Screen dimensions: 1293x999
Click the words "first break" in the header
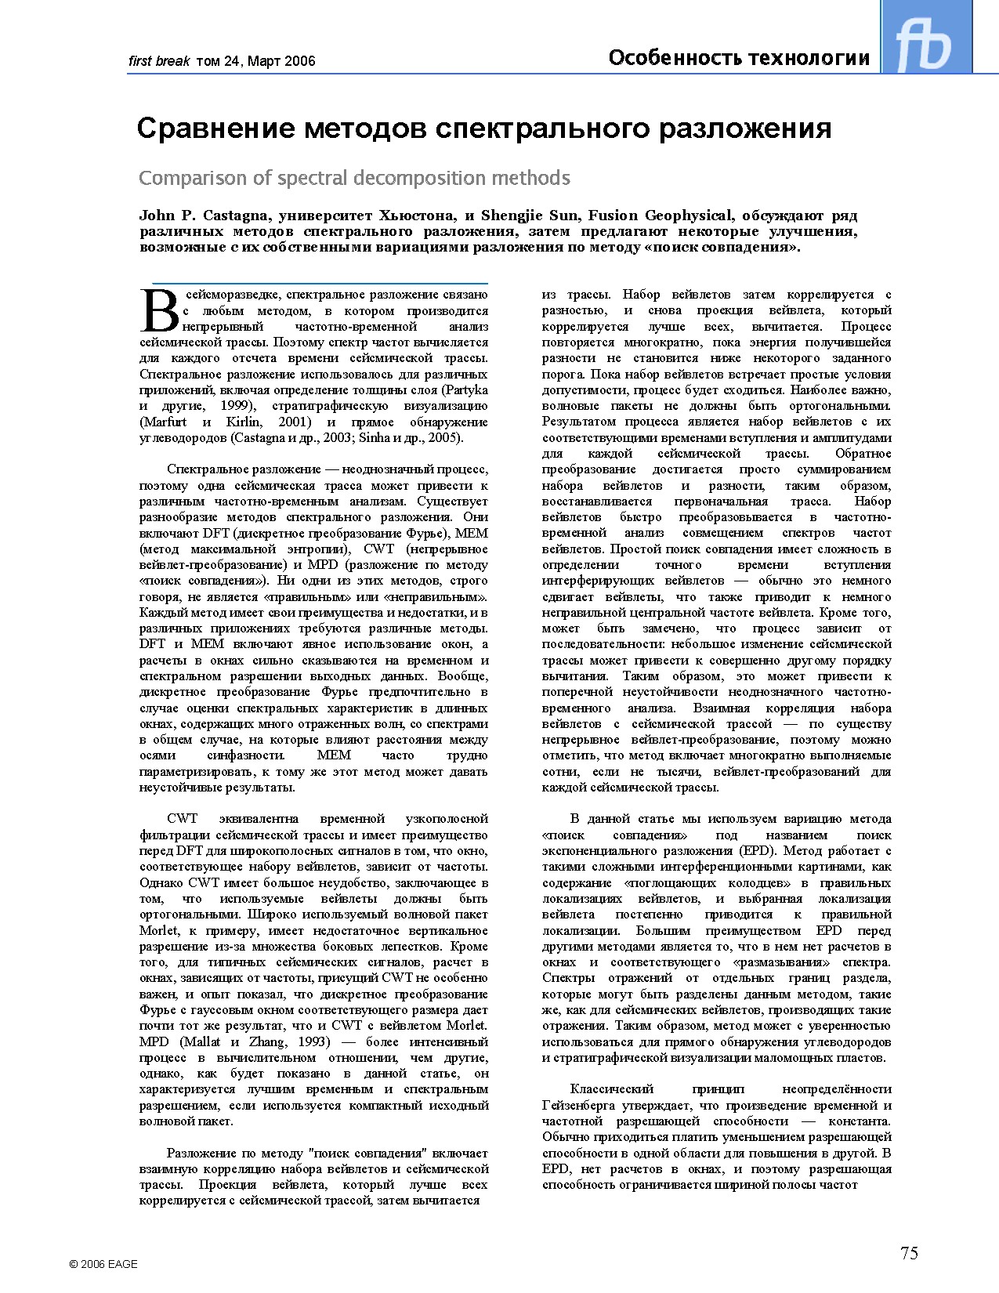(x=159, y=61)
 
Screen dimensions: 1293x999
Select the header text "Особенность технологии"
(x=739, y=58)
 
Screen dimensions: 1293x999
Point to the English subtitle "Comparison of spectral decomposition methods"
(x=354, y=178)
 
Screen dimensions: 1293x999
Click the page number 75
(x=909, y=1253)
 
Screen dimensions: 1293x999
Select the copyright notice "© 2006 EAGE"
(x=103, y=1263)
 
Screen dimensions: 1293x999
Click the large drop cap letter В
(x=160, y=311)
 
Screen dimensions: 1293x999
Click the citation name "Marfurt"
(x=164, y=422)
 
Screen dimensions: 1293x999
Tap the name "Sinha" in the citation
(x=375, y=437)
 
